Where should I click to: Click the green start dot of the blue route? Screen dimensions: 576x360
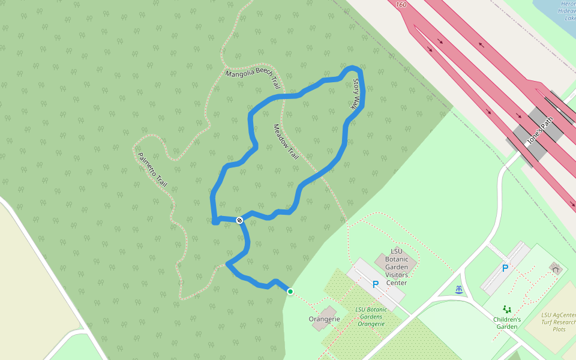(290, 292)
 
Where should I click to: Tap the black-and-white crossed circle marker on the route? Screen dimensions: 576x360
(239, 220)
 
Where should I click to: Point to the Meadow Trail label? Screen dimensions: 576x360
(286, 141)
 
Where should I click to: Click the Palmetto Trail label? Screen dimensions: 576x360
(152, 169)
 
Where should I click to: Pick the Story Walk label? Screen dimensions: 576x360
(356, 93)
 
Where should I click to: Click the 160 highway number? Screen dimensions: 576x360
(401, 4)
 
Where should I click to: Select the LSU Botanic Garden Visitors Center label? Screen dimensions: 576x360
(396, 267)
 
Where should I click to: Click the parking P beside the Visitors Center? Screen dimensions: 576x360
(376, 284)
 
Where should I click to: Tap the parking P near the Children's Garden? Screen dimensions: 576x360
(505, 268)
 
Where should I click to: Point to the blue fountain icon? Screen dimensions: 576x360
(459, 290)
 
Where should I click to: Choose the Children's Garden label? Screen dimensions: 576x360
(507, 323)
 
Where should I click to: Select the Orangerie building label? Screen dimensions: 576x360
(320, 319)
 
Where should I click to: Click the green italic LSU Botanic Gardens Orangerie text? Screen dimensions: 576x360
(371, 316)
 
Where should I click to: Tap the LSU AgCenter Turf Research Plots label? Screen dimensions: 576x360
(559, 322)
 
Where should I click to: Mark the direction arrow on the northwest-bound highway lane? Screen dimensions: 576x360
(481, 44)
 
